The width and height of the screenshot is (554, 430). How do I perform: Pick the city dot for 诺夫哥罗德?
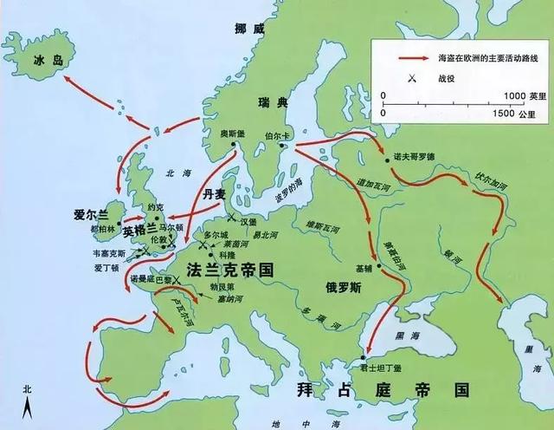(383, 158)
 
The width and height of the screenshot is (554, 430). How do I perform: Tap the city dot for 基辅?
(378, 265)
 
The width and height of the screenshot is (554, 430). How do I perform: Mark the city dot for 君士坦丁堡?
(364, 357)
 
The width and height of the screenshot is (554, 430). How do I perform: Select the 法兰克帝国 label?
(230, 270)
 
